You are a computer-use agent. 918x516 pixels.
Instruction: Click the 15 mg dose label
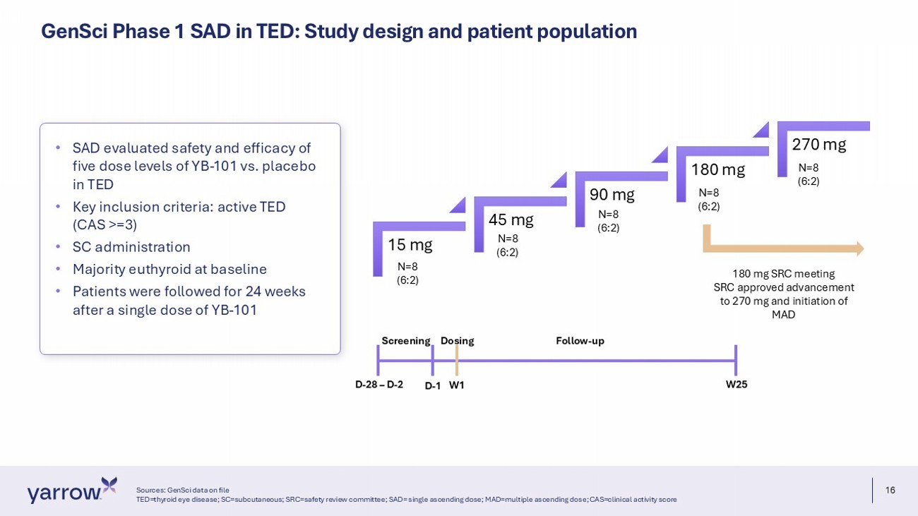click(410, 245)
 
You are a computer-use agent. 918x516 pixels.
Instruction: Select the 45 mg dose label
click(511, 220)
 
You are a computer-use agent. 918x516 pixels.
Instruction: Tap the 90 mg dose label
click(612, 195)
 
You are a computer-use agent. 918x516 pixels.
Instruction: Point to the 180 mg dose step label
click(718, 169)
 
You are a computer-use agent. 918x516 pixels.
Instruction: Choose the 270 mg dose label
click(819, 145)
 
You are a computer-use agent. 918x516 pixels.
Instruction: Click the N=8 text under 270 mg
click(808, 167)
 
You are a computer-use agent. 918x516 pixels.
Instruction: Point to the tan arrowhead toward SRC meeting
click(860, 248)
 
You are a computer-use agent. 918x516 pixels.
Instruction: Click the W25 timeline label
click(737, 385)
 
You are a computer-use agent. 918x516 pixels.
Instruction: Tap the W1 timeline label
click(457, 385)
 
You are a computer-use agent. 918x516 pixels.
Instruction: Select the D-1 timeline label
click(432, 386)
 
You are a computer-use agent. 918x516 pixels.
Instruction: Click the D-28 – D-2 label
click(379, 385)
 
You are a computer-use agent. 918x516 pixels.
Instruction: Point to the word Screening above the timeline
click(406, 341)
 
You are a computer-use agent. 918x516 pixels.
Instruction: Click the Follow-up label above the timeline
click(580, 341)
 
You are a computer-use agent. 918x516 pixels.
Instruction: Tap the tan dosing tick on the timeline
click(457, 361)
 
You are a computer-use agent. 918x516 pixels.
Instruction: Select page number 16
click(890, 490)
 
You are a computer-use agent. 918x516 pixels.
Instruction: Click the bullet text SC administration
click(131, 247)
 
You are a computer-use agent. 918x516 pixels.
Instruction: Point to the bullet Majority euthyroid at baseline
click(169, 269)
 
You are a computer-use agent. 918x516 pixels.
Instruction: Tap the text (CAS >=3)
click(105, 225)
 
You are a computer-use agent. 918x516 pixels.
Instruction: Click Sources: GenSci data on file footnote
click(182, 490)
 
